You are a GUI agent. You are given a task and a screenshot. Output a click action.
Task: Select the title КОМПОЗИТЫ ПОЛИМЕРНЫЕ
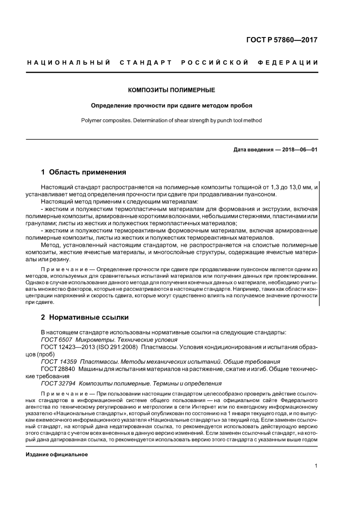pyautogui.click(x=171, y=90)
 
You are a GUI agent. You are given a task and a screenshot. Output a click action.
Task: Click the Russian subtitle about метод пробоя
pyautogui.click(x=171, y=105)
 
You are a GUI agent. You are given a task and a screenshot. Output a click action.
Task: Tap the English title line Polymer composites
pyautogui.click(x=171, y=121)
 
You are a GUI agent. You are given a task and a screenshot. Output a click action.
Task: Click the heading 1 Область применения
pyautogui.click(x=83, y=172)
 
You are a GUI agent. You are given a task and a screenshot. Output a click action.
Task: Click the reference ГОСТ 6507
pyautogui.click(x=56, y=340)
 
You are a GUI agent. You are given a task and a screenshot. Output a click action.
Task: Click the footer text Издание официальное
pyautogui.click(x=57, y=454)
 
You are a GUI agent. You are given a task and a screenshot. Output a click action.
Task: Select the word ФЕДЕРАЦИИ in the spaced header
pyautogui.click(x=288, y=62)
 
